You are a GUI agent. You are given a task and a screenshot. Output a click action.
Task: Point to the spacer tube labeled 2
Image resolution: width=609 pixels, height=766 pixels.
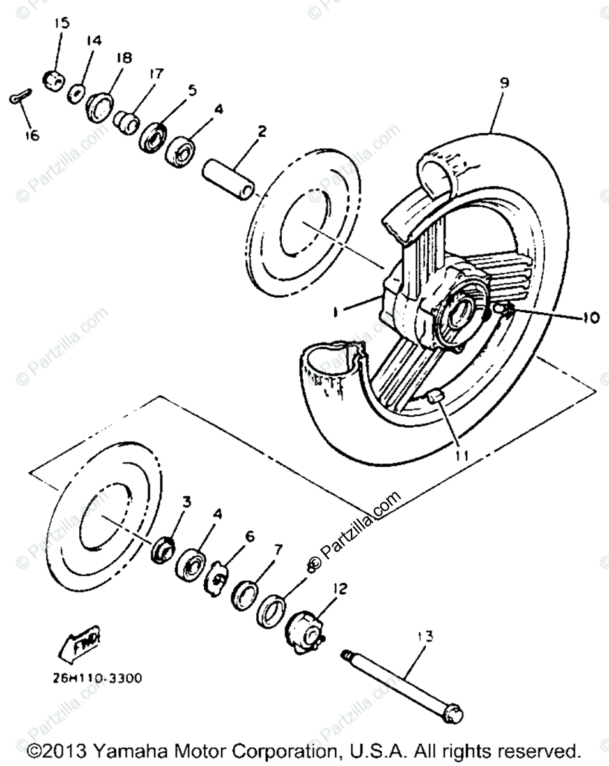(x=229, y=180)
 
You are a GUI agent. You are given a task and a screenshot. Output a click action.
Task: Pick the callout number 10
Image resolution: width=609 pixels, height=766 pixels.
(x=590, y=317)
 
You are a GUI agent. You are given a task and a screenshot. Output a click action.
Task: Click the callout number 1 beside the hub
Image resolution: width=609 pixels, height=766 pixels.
(x=334, y=312)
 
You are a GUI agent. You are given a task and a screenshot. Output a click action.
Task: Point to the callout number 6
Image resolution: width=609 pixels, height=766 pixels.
(x=249, y=536)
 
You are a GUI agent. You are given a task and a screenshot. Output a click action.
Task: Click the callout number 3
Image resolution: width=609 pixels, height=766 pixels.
(x=186, y=502)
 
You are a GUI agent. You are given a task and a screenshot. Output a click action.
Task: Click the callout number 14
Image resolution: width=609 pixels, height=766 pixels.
(x=93, y=41)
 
